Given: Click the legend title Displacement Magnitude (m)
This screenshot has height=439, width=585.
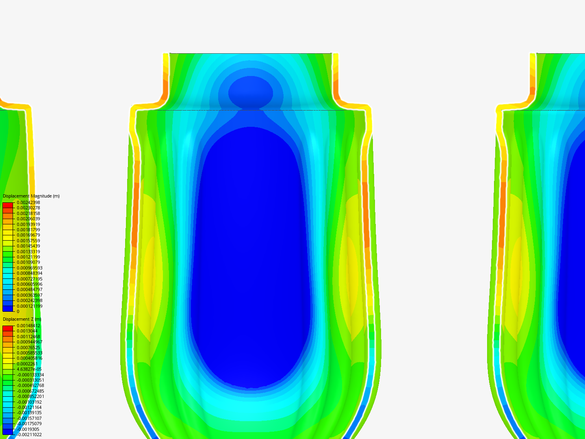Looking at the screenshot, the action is click(x=31, y=196).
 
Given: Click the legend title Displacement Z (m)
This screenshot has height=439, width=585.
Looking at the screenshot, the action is click(x=22, y=319).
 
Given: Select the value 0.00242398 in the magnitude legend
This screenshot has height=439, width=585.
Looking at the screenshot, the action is click(x=28, y=202).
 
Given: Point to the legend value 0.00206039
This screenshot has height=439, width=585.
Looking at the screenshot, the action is click(x=28, y=219).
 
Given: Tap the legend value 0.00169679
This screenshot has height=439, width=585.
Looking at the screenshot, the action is click(x=28, y=235).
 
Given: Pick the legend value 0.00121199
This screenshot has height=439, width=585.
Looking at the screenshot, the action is click(x=28, y=257).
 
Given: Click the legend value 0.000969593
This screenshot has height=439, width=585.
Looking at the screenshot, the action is click(x=30, y=268).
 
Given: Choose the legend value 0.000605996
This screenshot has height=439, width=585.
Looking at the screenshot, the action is click(x=30, y=284).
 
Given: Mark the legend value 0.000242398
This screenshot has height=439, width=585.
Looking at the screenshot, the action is click(x=30, y=300).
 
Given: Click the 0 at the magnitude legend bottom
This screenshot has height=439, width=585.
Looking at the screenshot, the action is click(x=18, y=311).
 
